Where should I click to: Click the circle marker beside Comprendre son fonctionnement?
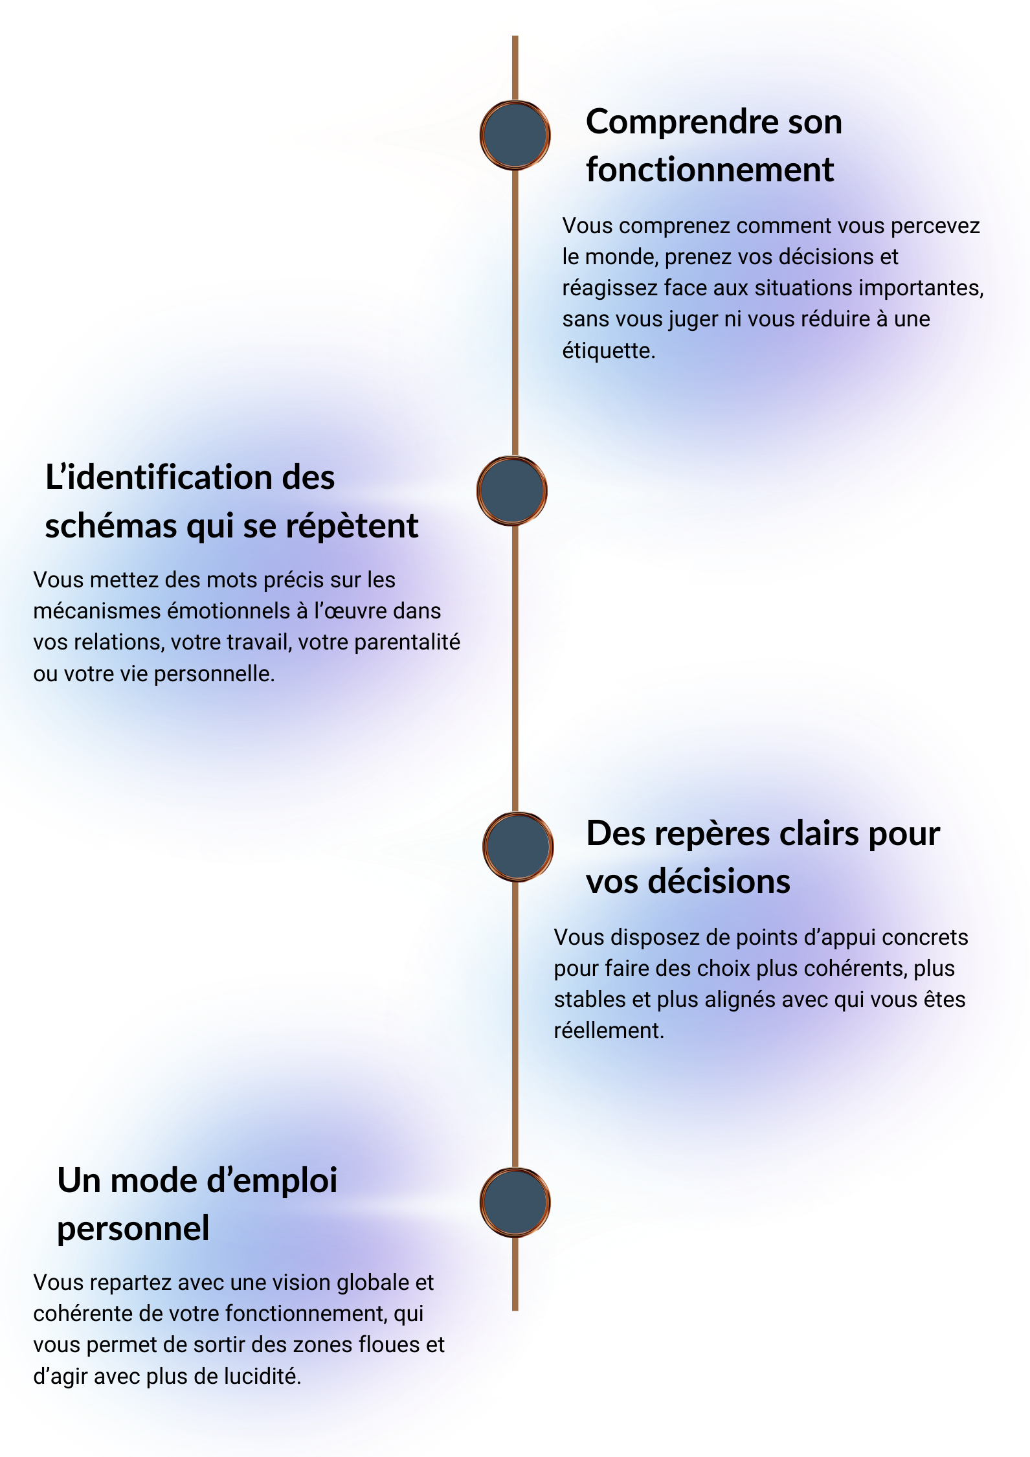(515, 135)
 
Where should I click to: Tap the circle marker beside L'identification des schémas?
(511, 490)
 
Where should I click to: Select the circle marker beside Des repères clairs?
(517, 846)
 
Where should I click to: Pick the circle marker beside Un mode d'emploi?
(515, 1202)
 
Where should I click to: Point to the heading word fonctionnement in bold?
(710, 170)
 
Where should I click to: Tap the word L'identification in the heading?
(158, 478)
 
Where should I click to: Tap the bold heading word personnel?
(133, 1229)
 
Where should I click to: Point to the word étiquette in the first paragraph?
(608, 351)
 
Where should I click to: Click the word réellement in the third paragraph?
(609, 1031)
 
